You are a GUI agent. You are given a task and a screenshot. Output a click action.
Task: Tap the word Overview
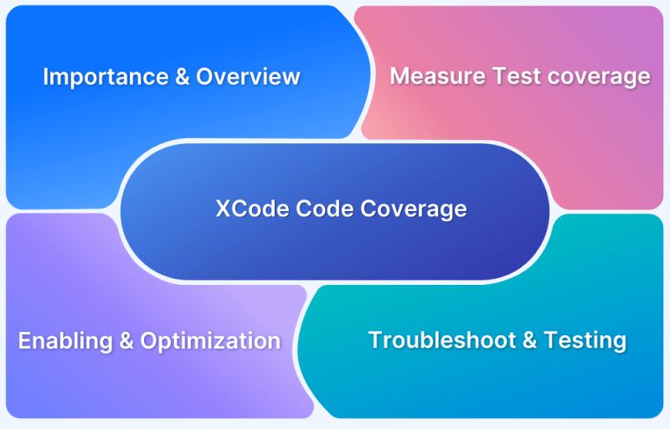[248, 77]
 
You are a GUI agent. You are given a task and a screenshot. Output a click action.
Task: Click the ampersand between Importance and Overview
[181, 77]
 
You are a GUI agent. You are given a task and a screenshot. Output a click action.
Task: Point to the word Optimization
[210, 341]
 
